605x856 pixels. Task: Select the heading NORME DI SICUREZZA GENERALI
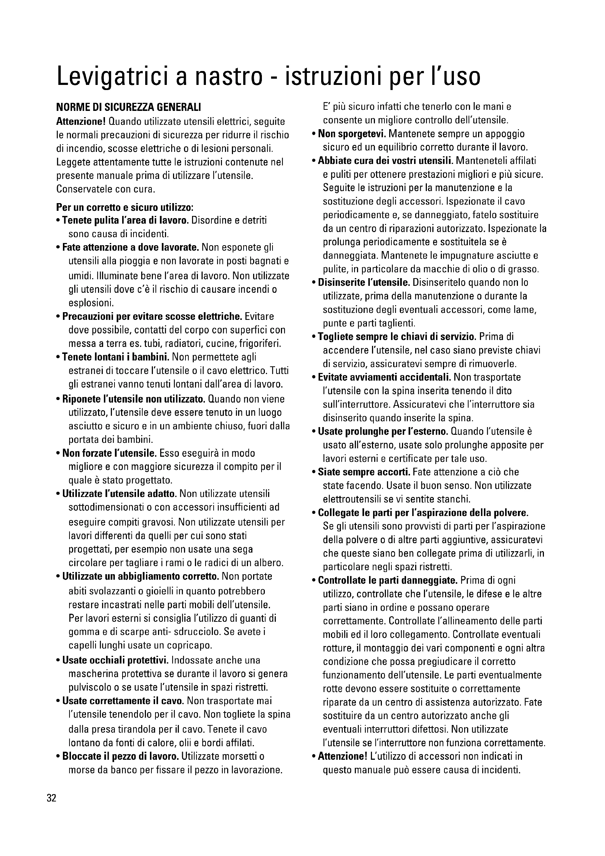click(x=128, y=108)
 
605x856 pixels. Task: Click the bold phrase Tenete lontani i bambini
click(x=116, y=357)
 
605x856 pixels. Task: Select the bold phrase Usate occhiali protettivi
click(x=116, y=660)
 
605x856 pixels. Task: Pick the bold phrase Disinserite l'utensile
click(x=364, y=283)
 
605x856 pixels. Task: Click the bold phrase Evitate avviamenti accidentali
click(x=384, y=377)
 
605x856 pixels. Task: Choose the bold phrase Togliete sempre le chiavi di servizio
click(x=397, y=337)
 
